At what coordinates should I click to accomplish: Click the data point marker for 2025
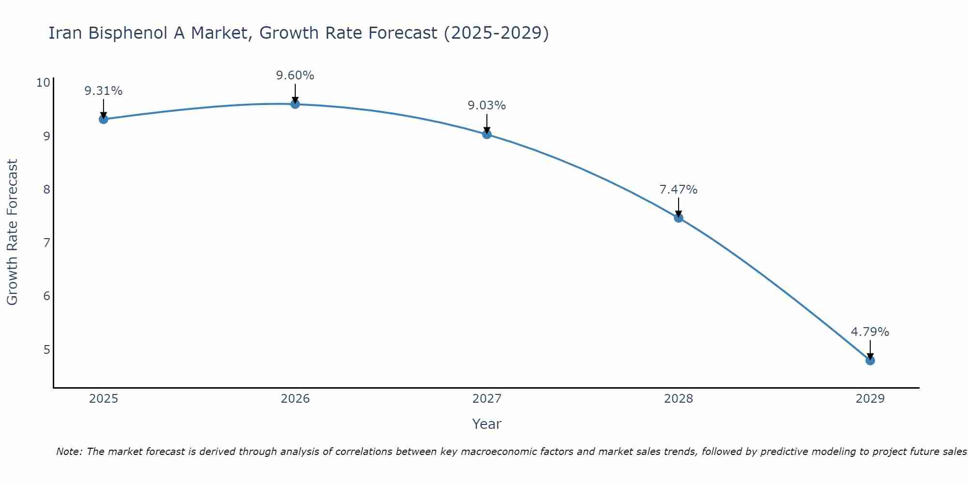[103, 119]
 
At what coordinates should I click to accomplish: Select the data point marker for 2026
[295, 104]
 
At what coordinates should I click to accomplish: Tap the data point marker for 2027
[487, 134]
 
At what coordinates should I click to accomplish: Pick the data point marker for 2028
[679, 218]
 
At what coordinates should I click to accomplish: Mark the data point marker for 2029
[870, 360]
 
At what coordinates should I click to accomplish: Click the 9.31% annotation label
[104, 91]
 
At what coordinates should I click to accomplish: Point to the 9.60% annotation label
[295, 76]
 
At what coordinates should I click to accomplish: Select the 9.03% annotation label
[487, 106]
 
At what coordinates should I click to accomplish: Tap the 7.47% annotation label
[679, 190]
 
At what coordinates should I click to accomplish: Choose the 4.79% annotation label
[870, 332]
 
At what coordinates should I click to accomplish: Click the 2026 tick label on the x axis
[295, 399]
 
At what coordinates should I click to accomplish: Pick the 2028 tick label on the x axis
[679, 399]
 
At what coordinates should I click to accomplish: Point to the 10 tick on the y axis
[43, 82]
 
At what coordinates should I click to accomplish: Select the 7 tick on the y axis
[46, 242]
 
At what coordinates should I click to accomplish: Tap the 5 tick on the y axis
[46, 349]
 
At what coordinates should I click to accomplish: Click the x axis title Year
[486, 424]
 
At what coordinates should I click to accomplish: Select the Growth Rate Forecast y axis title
[12, 232]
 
